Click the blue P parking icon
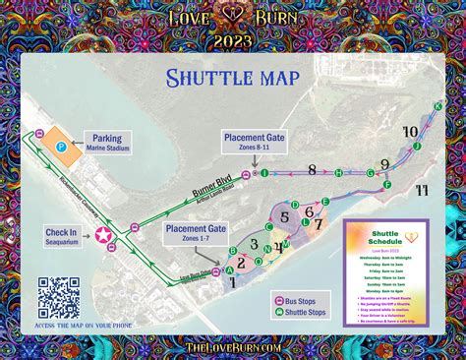60,147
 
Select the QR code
58,295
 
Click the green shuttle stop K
437,106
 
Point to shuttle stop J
417,147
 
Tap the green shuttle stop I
264,172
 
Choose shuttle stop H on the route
338,173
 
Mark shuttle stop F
387,184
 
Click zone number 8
312,169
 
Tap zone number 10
411,131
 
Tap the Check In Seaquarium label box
61,237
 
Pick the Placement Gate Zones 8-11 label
254,142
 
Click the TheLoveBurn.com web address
233,346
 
